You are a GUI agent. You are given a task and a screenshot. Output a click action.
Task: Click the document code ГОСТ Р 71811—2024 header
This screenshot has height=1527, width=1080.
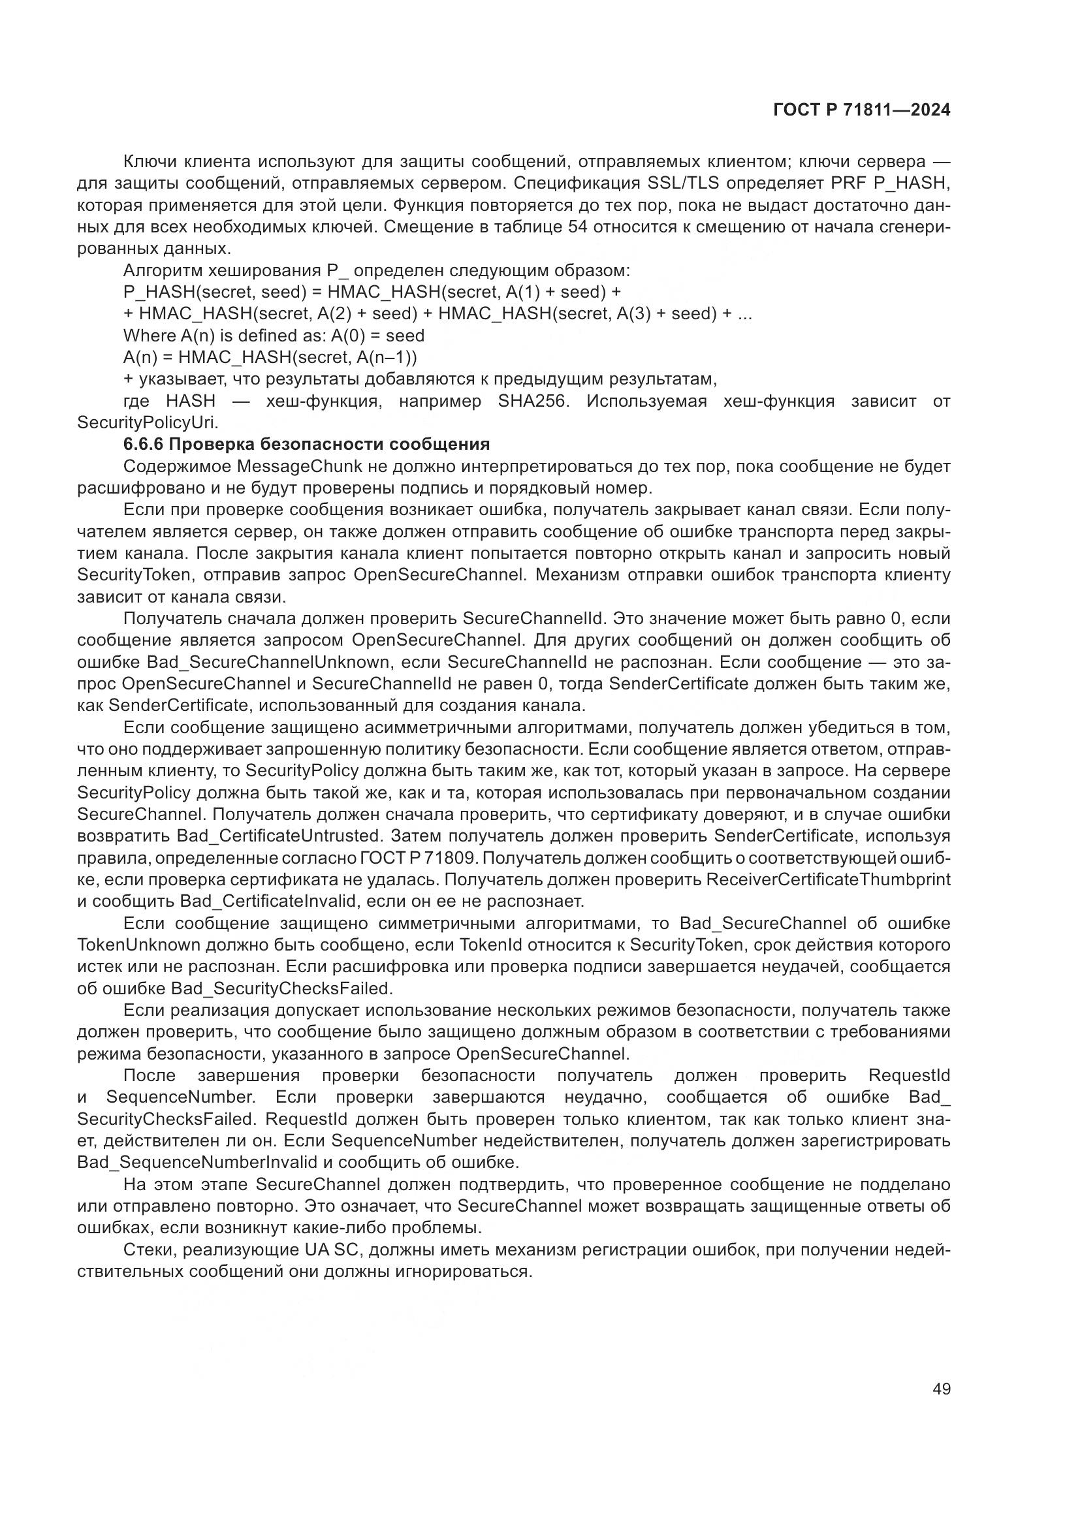pos(862,110)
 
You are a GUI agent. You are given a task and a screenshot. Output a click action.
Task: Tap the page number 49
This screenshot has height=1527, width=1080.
pos(942,1389)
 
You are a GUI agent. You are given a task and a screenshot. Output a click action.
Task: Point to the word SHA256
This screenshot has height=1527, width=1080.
pos(533,401)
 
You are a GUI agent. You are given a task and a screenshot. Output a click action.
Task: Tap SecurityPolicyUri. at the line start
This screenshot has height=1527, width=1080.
pos(148,422)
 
